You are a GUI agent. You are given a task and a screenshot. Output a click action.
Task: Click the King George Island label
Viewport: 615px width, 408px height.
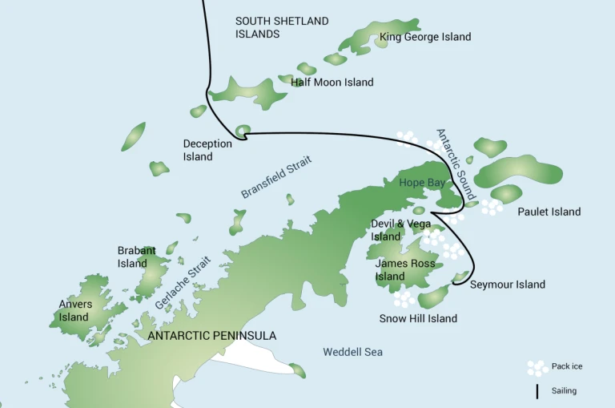425,37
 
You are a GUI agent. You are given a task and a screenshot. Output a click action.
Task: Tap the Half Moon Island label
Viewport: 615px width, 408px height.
332,83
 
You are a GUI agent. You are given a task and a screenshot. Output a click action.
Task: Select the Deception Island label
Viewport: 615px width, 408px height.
207,151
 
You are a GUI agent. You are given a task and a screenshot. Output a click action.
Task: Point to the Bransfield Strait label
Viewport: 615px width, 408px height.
276,177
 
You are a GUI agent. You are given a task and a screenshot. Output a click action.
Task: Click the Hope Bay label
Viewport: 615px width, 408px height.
422,183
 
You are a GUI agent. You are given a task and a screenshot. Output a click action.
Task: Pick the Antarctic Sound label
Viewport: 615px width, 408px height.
456,164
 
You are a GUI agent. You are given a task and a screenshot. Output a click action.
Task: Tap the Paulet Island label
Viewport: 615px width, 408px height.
549,212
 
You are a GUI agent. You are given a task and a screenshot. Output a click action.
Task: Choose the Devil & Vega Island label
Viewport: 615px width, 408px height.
400,230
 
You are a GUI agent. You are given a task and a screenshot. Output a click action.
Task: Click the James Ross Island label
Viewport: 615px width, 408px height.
405,269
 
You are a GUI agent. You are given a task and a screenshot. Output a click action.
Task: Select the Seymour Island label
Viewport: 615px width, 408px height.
507,285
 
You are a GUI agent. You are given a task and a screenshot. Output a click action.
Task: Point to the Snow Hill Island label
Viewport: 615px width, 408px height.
418,318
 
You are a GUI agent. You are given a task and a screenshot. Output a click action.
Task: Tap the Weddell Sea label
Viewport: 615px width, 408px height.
352,352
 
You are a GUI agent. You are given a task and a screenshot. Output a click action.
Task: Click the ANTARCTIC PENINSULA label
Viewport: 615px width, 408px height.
212,336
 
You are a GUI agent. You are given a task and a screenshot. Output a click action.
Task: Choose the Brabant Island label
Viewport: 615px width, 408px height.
132,257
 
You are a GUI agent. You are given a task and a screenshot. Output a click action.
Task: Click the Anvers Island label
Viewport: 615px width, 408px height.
75,311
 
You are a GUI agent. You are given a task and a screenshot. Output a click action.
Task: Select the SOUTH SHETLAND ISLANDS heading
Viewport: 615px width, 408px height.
282,27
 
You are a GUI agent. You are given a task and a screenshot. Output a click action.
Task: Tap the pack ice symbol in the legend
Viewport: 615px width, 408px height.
537,367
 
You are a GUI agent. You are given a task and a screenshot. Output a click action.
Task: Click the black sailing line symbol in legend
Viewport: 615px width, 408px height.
537,391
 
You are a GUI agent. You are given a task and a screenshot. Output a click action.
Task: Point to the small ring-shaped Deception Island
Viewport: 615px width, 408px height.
243,129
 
